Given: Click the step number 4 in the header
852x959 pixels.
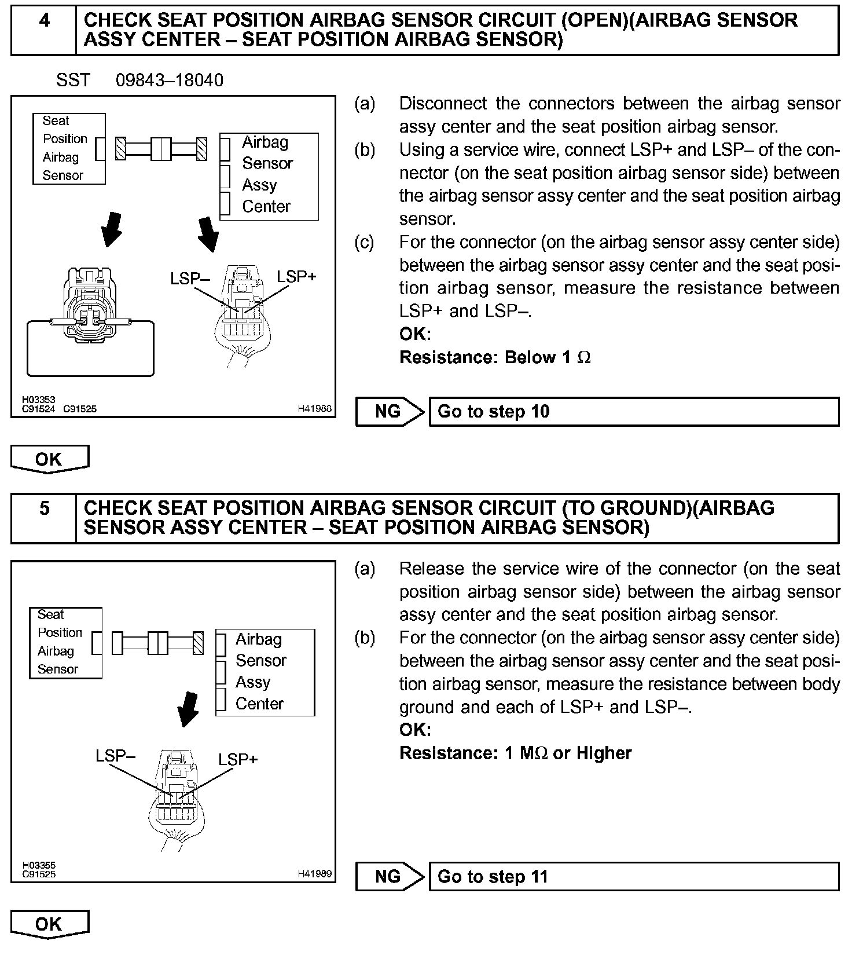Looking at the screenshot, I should point(44,21).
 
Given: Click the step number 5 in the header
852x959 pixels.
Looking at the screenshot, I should point(44,508).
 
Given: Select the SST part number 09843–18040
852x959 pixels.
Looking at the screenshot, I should point(169,80).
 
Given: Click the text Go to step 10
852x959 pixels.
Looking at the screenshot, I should point(493,412).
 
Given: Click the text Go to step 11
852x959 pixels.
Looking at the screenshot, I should point(492,877).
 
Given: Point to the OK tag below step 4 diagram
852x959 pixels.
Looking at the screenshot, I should point(49,459).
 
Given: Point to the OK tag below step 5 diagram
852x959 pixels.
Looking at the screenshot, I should point(49,924).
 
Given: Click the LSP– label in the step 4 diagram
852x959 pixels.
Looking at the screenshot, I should point(189,279).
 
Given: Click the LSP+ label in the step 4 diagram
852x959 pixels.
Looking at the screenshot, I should point(296,277).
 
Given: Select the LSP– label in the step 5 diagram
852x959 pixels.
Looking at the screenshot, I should point(115,756).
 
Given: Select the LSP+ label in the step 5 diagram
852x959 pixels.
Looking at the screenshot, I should point(238,759).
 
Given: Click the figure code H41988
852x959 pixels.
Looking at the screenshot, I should point(315,409).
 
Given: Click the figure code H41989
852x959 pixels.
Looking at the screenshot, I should point(315,874).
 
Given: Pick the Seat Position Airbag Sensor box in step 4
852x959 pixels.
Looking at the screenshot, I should point(69,149).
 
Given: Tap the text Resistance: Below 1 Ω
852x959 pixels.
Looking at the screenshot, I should point(495,357).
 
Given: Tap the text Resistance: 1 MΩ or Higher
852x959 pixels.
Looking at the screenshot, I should point(515,753).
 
